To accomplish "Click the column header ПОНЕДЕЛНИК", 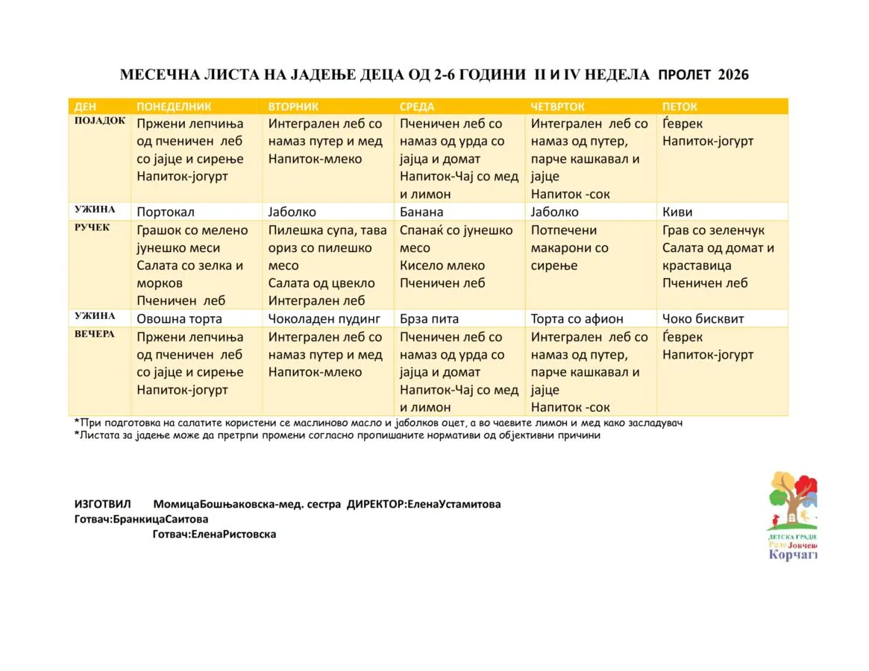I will (174, 107).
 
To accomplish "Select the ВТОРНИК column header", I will (293, 107).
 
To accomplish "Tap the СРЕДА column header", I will (417, 107).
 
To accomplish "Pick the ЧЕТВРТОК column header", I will (557, 107).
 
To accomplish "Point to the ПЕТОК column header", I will (680, 107).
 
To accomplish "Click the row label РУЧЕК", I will (92, 228).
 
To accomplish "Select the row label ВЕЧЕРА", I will (95, 335).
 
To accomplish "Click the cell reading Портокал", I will (166, 212).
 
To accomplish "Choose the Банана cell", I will (421, 212).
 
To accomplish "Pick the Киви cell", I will (677, 212).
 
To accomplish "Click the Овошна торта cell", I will (179, 319).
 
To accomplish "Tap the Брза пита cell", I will (430, 319).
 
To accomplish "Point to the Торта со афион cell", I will (577, 319).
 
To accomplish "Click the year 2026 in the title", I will (733, 75).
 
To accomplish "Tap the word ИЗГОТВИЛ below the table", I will (99, 504).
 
